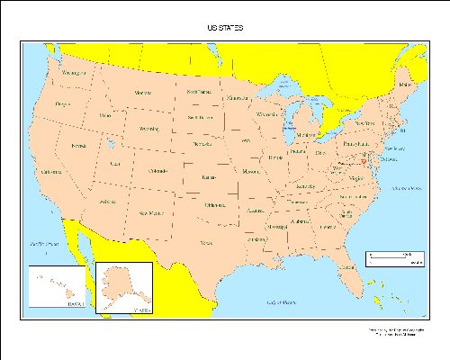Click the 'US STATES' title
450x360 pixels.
click(224, 28)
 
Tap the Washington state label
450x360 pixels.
click(74, 72)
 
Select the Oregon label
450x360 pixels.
click(62, 104)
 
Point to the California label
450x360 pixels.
click(50, 172)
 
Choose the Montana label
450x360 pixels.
click(142, 93)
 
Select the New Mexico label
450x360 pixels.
click(150, 212)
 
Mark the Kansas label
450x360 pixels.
click(212, 177)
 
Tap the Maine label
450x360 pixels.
click(402, 85)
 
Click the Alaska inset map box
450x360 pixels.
click(124, 287)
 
